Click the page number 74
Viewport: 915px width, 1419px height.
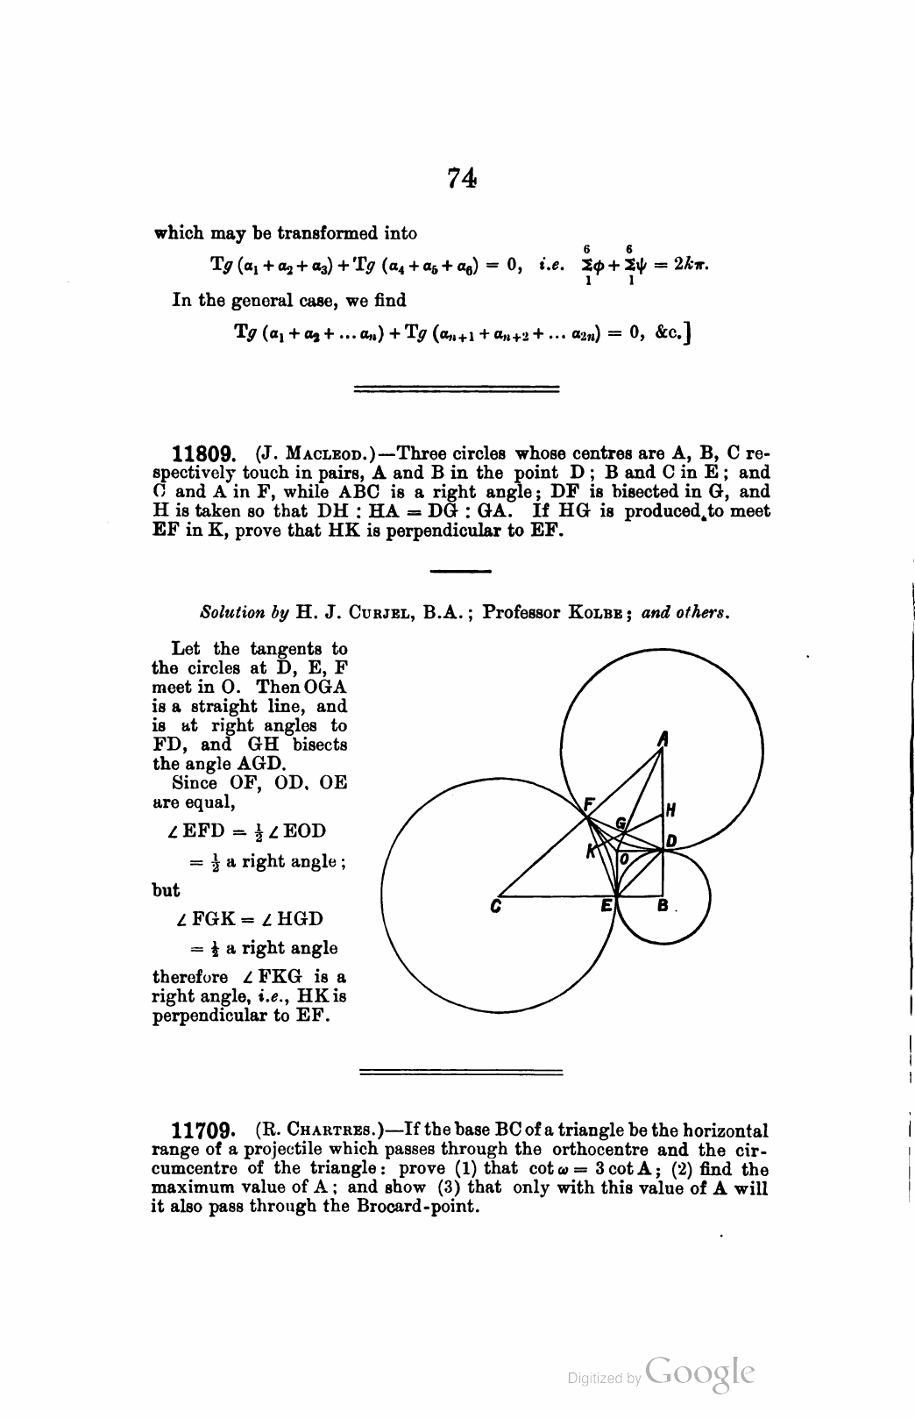point(461,179)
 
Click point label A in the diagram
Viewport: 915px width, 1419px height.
point(663,739)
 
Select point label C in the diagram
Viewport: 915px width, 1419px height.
point(496,909)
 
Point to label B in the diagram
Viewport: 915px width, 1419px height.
point(663,907)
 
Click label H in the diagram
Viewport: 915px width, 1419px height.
point(670,809)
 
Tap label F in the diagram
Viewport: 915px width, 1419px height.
point(589,803)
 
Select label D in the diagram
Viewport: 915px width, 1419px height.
point(671,841)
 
